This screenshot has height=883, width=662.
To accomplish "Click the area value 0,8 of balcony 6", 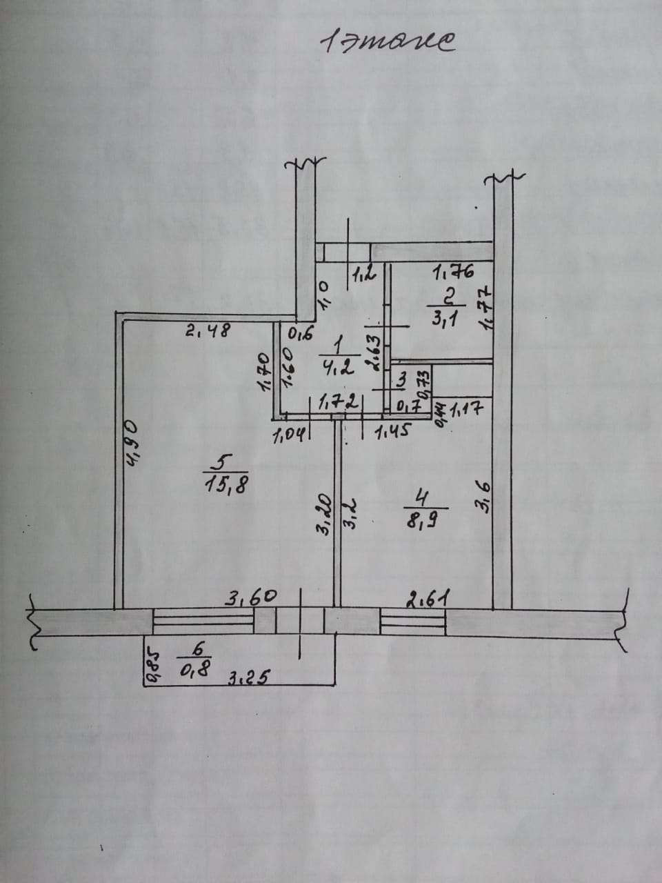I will click(197, 668).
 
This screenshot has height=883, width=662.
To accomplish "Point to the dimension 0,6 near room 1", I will click(301, 335).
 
